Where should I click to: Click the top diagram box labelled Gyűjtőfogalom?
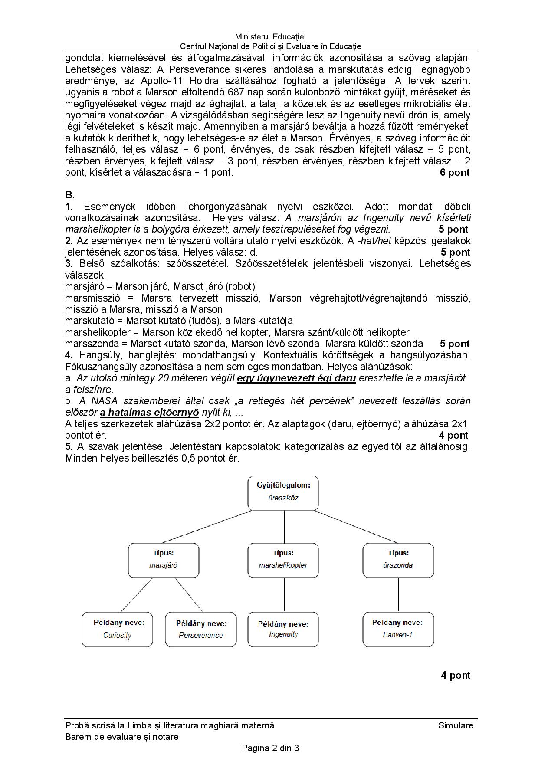[283, 493]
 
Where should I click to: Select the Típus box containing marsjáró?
[164, 560]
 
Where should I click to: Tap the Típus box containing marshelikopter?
[283, 560]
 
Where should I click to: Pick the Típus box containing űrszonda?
[398, 560]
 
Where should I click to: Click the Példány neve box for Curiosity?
[118, 629]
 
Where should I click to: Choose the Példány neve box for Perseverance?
[201, 629]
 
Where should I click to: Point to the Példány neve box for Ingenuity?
[283, 629]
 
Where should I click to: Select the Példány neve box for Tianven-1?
[398, 629]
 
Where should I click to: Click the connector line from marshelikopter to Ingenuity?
[284, 594]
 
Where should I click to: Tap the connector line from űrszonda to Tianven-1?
[398, 594]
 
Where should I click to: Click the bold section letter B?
[70, 195]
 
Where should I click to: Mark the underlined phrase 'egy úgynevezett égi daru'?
[296, 378]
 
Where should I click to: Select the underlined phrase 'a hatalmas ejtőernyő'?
[149, 412]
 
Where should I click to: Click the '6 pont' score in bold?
[454, 172]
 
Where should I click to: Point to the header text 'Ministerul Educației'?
[270, 37]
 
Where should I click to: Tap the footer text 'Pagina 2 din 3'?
[270, 748]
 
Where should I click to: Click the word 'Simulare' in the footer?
[456, 725]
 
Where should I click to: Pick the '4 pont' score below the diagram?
[456, 675]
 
